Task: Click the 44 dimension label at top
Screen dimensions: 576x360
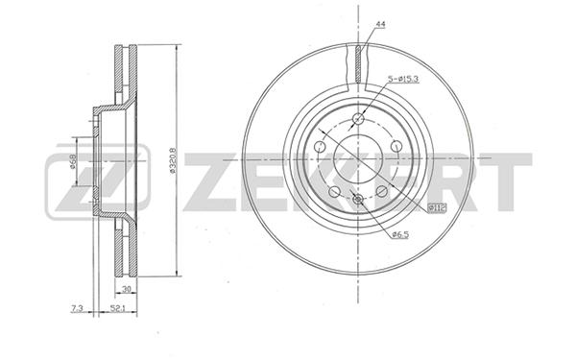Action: coord(380,25)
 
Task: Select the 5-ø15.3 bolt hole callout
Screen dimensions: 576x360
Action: coord(403,79)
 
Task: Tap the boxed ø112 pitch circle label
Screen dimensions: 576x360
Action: coord(438,208)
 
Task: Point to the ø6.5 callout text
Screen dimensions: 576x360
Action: coord(399,235)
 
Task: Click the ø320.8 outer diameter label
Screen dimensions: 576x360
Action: coord(173,160)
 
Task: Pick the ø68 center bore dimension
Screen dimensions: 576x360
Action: coord(73,161)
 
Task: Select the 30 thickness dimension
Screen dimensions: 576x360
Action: coord(127,289)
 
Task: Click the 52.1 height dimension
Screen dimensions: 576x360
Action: coord(117,308)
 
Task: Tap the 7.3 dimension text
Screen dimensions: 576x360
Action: coord(77,308)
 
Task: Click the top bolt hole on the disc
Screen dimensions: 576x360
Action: coord(358,119)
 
